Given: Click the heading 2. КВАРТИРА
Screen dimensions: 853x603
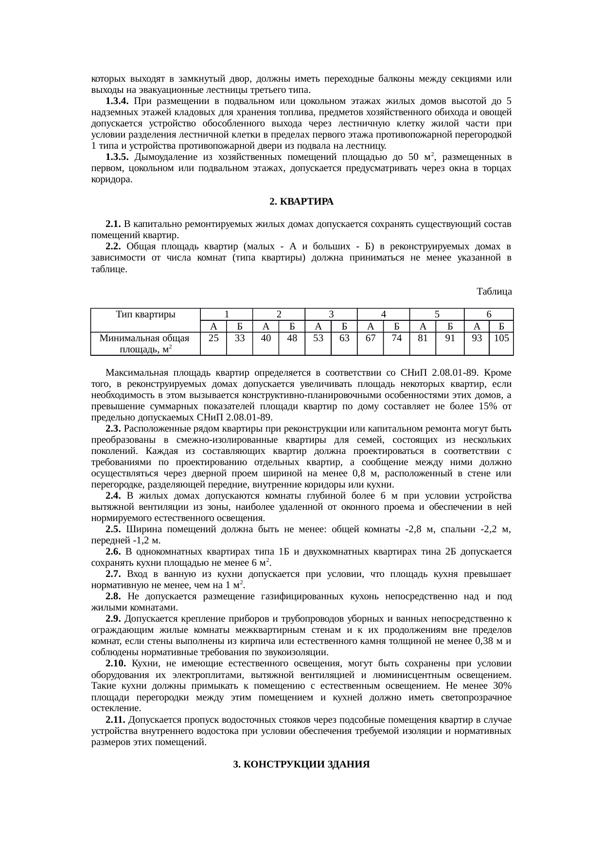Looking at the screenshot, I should [301, 201].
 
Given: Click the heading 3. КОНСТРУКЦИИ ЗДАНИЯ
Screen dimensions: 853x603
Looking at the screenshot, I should [301, 765].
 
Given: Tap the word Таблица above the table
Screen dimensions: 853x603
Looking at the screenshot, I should [494, 292].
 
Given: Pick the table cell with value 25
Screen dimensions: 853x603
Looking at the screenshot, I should [213, 338].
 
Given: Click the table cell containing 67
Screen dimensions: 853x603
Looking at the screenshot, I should [371, 338].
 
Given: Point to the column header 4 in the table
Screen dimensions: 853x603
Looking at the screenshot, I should [383, 314].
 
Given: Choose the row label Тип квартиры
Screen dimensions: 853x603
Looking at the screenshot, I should [146, 314].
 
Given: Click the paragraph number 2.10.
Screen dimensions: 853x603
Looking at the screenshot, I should [116, 663].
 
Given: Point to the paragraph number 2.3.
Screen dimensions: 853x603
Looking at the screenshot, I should [113, 429].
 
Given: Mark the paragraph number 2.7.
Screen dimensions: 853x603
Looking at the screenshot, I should [113, 574].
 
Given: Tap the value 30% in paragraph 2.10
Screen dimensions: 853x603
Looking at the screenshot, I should [500, 686].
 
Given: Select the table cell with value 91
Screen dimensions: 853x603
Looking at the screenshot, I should [449, 338].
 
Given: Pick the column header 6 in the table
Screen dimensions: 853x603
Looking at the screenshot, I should [489, 314].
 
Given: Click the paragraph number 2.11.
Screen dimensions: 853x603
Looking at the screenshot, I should [116, 719].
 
